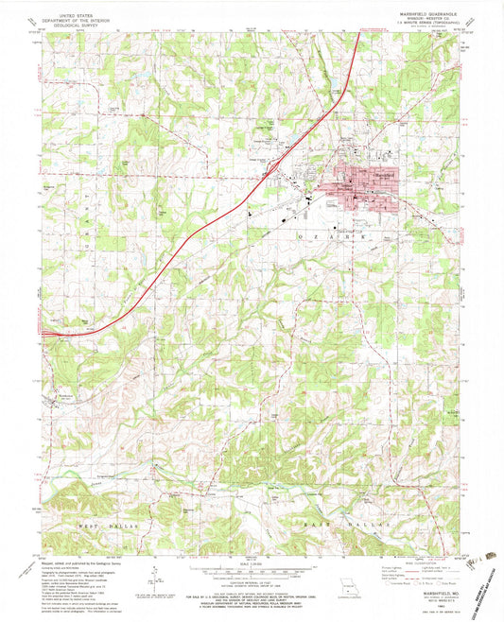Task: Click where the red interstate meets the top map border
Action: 357,35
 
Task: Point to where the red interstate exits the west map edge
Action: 43,332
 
